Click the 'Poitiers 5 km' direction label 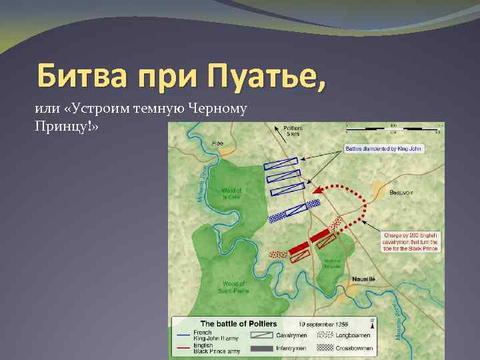[x=293, y=130]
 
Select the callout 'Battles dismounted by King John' [x=384, y=149]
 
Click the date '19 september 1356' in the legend [x=323, y=324]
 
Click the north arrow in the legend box [x=371, y=323]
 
